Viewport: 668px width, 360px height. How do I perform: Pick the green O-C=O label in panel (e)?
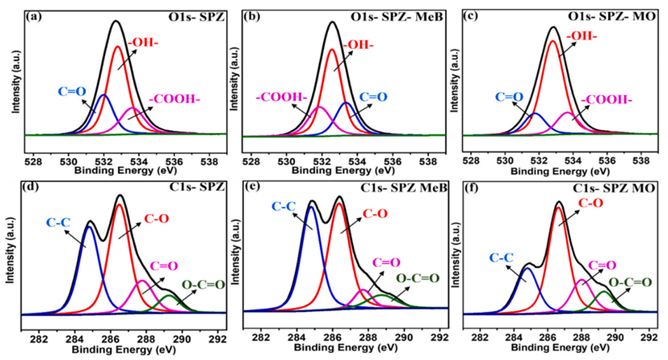pyautogui.click(x=418, y=278)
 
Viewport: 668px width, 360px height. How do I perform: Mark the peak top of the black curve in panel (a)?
pyautogui.click(x=116, y=21)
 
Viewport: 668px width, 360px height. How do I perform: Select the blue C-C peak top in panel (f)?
pyautogui.click(x=528, y=268)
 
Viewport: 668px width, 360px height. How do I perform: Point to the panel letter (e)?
pyautogui.click(x=253, y=187)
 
